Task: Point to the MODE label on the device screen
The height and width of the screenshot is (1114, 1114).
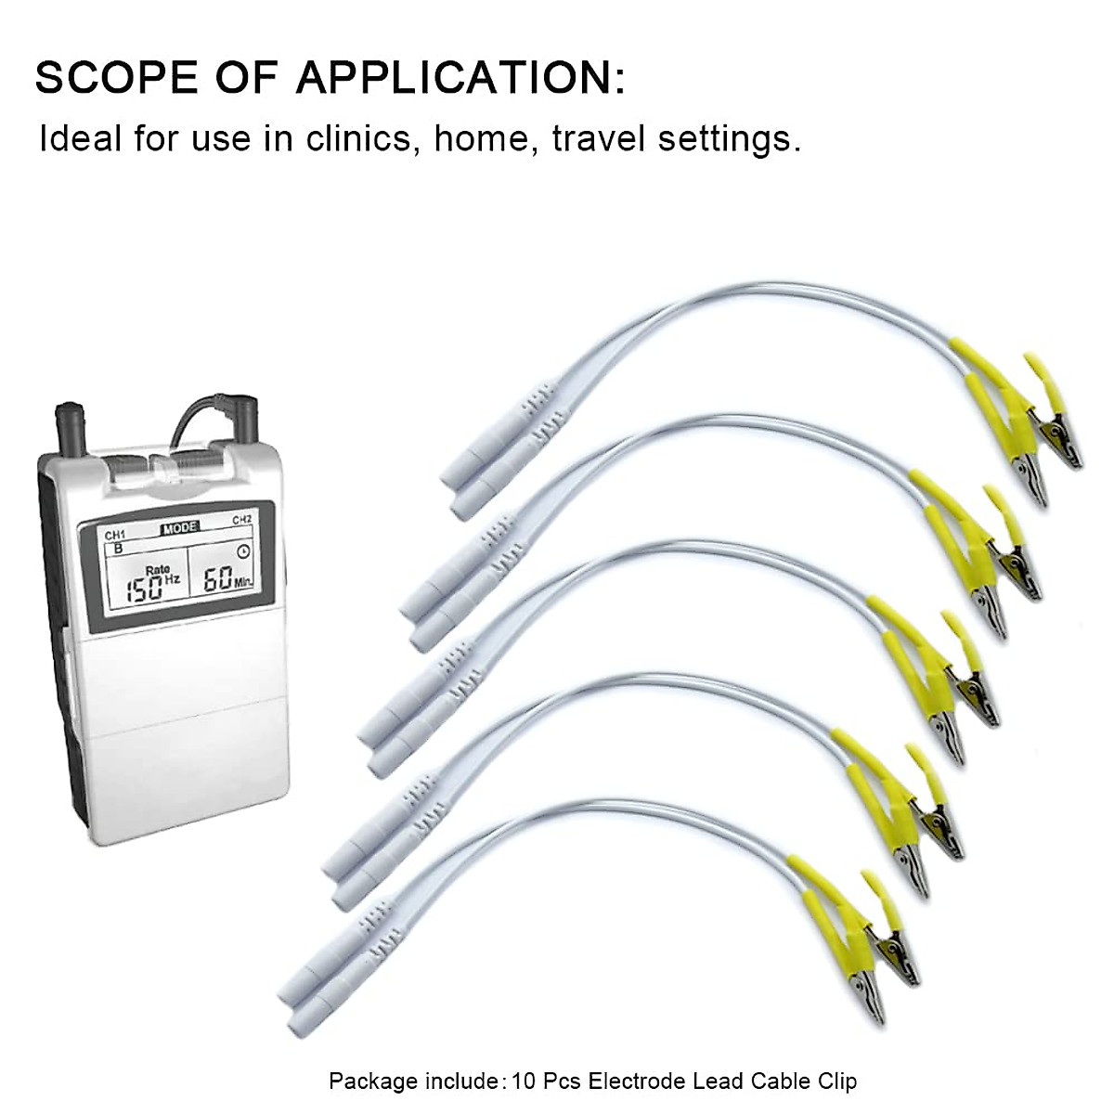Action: point(180,528)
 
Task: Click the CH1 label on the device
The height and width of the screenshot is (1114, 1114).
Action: point(114,536)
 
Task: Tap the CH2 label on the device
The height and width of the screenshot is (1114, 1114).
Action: point(242,520)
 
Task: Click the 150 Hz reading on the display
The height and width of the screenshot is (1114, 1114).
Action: point(149,586)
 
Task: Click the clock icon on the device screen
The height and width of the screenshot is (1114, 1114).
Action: point(243,550)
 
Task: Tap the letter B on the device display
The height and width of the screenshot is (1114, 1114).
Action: point(117,549)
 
